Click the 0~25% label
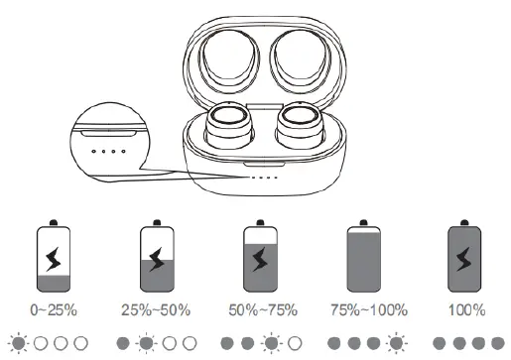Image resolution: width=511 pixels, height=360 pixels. (x=50, y=310)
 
